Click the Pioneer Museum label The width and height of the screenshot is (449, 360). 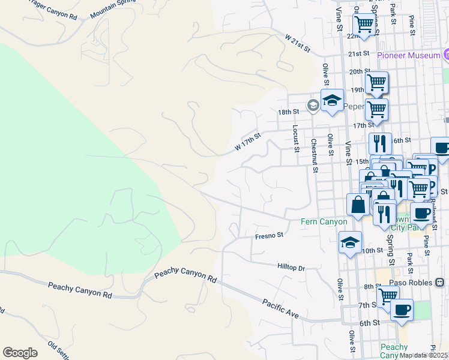coord(409,56)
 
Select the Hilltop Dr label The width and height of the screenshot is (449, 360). coord(292,266)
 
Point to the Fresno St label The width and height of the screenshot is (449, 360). coord(268,236)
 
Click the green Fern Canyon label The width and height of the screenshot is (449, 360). coord(324,222)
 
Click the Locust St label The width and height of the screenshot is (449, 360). coord(295,138)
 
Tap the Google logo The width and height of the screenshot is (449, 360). coord(20,353)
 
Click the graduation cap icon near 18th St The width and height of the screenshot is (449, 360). coord(331,101)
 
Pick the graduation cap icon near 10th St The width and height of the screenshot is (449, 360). coord(350,242)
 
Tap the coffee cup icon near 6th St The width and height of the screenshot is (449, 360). coord(402,310)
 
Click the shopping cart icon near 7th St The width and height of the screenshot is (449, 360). coord(388,296)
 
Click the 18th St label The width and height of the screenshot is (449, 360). coord(288,112)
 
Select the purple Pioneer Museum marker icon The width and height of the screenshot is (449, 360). coord(445,56)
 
